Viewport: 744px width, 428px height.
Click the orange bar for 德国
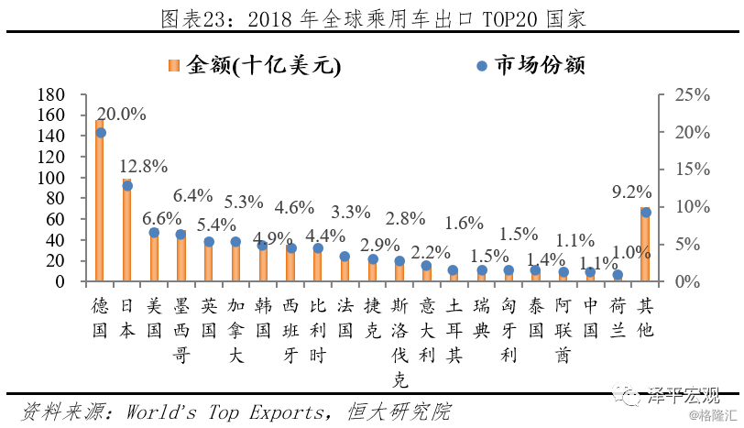(100, 206)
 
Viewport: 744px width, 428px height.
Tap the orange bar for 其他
(645, 246)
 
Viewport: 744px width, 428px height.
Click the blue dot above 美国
(154, 233)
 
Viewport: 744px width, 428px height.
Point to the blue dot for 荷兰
(618, 275)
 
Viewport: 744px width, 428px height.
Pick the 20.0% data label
(122, 114)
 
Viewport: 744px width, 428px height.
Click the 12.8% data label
(144, 166)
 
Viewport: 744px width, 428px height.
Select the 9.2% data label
(631, 192)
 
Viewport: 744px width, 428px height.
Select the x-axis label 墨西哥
(181, 329)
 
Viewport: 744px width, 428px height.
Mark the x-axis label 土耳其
(454, 329)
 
